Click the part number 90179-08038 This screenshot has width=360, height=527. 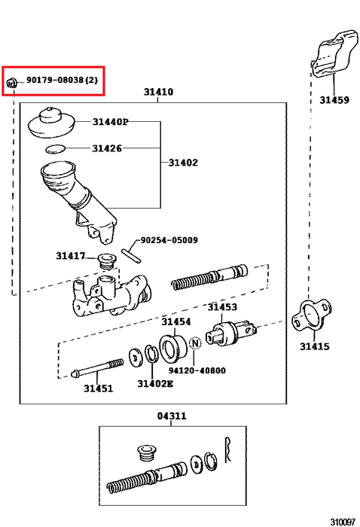pos(55,80)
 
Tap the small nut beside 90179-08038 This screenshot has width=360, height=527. pos(11,81)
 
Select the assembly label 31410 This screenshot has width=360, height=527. pos(158,92)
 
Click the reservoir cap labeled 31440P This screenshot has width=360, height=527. pos(50,123)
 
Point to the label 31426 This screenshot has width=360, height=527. pos(107,148)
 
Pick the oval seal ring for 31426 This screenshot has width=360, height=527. pos(55,149)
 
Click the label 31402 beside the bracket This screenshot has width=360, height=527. pos(183,163)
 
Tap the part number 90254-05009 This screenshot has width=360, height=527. pos(169,240)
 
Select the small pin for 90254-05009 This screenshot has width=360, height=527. pos(131,255)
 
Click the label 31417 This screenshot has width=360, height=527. pos(71,256)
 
